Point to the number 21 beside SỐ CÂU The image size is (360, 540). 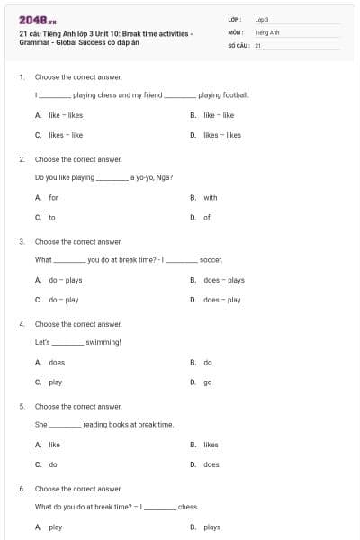258,44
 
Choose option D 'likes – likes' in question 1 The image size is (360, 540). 222,135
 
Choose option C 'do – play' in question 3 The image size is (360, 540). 64,300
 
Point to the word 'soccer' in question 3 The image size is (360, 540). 211,259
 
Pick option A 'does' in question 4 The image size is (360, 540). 57,362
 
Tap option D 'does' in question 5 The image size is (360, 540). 211,464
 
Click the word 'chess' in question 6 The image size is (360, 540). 188,507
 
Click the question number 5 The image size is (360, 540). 21,406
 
